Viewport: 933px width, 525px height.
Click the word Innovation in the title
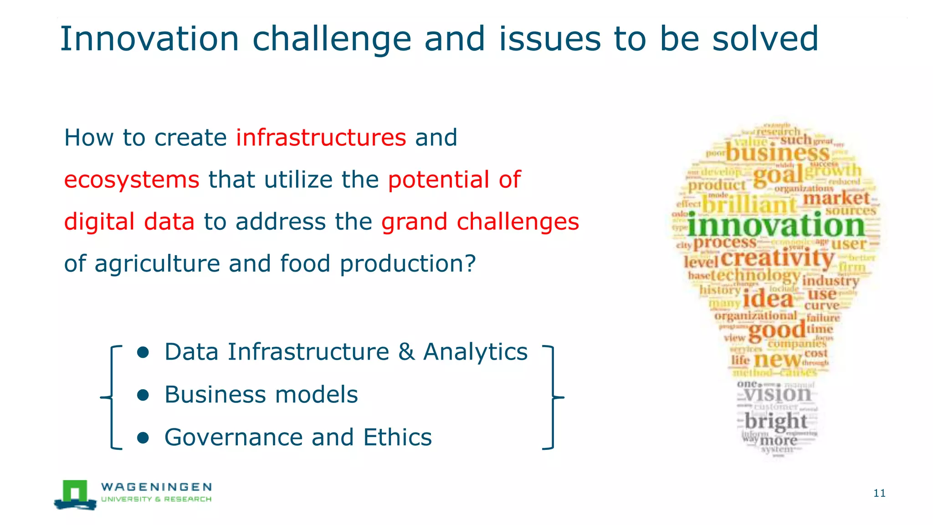pos(149,39)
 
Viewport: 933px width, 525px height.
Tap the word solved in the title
pos(765,39)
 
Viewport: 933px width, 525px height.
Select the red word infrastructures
pos(321,138)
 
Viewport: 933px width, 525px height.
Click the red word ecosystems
pos(132,180)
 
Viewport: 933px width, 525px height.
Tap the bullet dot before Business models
pos(143,395)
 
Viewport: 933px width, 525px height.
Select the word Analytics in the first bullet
pos(475,352)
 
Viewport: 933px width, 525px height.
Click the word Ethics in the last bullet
pos(397,437)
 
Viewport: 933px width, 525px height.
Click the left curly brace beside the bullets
pos(111,397)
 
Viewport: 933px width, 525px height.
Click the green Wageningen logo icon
pos(75,494)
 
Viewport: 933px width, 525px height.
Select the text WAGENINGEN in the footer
pos(156,487)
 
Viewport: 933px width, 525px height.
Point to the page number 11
pos(879,493)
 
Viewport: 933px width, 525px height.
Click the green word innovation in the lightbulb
pos(775,226)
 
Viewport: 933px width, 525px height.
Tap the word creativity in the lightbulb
pos(777,258)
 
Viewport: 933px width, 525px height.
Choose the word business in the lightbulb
pos(777,153)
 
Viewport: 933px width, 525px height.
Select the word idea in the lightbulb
pos(768,299)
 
